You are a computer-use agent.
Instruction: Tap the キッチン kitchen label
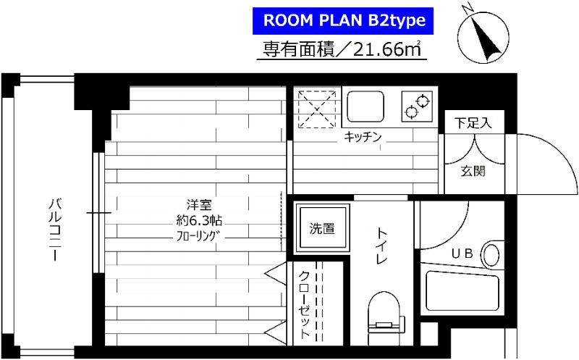click(x=363, y=136)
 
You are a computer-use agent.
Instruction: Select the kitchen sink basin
click(x=368, y=106)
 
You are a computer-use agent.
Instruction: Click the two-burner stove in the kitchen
click(x=417, y=106)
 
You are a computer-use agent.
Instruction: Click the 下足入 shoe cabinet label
click(x=473, y=122)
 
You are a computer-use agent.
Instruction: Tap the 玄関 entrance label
click(x=473, y=172)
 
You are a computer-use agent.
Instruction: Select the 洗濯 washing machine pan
click(x=322, y=229)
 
